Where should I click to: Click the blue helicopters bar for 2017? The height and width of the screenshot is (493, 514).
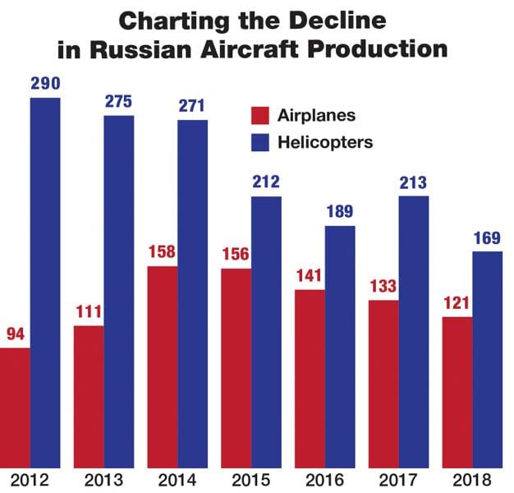(414, 329)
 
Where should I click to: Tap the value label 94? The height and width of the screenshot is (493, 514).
(15, 335)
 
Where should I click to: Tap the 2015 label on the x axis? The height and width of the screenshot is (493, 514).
(251, 479)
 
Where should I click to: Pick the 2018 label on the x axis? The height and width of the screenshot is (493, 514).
(473, 479)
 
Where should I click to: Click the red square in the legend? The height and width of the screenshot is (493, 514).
(260, 116)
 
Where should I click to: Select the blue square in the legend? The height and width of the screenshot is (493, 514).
(260, 142)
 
